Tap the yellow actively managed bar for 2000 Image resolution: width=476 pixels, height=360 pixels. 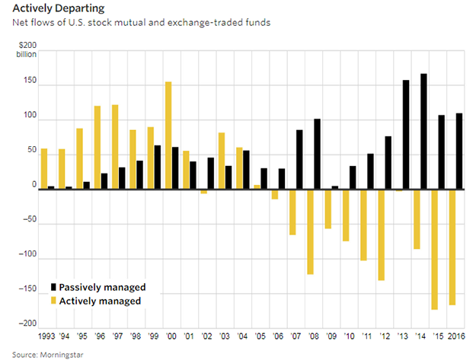(x=168, y=135)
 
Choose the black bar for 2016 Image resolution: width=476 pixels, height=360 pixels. (x=458, y=151)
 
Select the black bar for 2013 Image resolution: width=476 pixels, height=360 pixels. (x=406, y=134)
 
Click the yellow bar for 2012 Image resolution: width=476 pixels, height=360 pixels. (x=381, y=234)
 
